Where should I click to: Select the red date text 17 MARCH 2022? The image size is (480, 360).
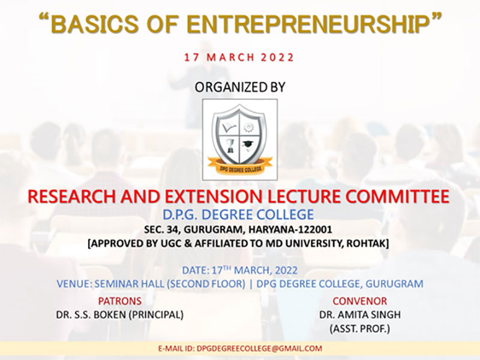(239, 58)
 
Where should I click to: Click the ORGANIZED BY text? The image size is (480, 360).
(240, 87)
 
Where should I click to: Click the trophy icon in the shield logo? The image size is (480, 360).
(230, 146)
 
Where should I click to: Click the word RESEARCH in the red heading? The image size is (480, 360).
(72, 197)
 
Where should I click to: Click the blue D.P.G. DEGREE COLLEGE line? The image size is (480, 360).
(238, 215)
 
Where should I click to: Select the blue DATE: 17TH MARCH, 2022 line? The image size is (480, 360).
(239, 271)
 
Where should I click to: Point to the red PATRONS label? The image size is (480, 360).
(119, 301)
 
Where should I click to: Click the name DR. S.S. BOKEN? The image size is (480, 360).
(91, 314)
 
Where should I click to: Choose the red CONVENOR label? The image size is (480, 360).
(359, 301)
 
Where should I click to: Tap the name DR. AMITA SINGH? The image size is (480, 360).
(359, 314)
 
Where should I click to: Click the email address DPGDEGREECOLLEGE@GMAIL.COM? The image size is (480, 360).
(260, 349)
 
